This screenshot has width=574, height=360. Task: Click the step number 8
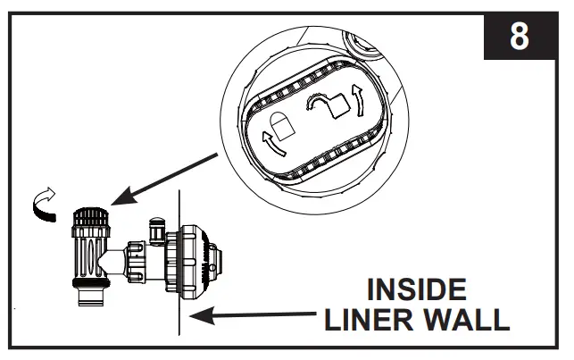518,38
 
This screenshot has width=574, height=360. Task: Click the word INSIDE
417,291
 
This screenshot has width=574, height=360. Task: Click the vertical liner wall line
180,268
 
